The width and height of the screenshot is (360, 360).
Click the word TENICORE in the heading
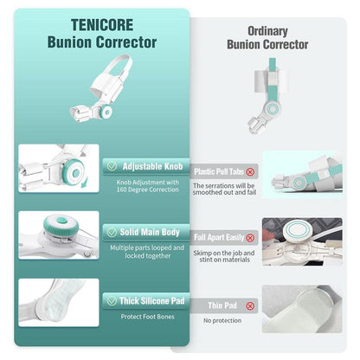click(x=102, y=25)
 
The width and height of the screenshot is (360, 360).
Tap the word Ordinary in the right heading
click(x=267, y=31)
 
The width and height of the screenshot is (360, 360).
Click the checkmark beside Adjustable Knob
click(x=112, y=166)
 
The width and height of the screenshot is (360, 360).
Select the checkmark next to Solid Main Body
click(x=112, y=232)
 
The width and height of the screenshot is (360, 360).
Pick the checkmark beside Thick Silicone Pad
click(x=112, y=301)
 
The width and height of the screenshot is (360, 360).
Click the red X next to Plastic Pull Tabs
click(x=250, y=172)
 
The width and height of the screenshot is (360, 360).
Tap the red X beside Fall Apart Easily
click(x=250, y=238)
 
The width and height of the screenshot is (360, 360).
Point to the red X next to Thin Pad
click(x=250, y=305)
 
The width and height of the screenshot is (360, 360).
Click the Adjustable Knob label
click(x=152, y=166)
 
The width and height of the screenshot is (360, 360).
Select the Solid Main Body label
click(x=150, y=232)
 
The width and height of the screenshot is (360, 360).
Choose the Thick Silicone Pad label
click(x=152, y=301)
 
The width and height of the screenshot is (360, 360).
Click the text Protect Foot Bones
click(x=147, y=317)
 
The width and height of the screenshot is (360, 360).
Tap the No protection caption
click(x=222, y=320)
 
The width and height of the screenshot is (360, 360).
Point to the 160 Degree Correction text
click(x=147, y=190)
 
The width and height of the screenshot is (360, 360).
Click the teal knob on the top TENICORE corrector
click(x=106, y=112)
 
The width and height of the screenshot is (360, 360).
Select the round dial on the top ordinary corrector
click(x=273, y=109)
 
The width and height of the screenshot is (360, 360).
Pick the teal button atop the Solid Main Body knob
click(x=61, y=221)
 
